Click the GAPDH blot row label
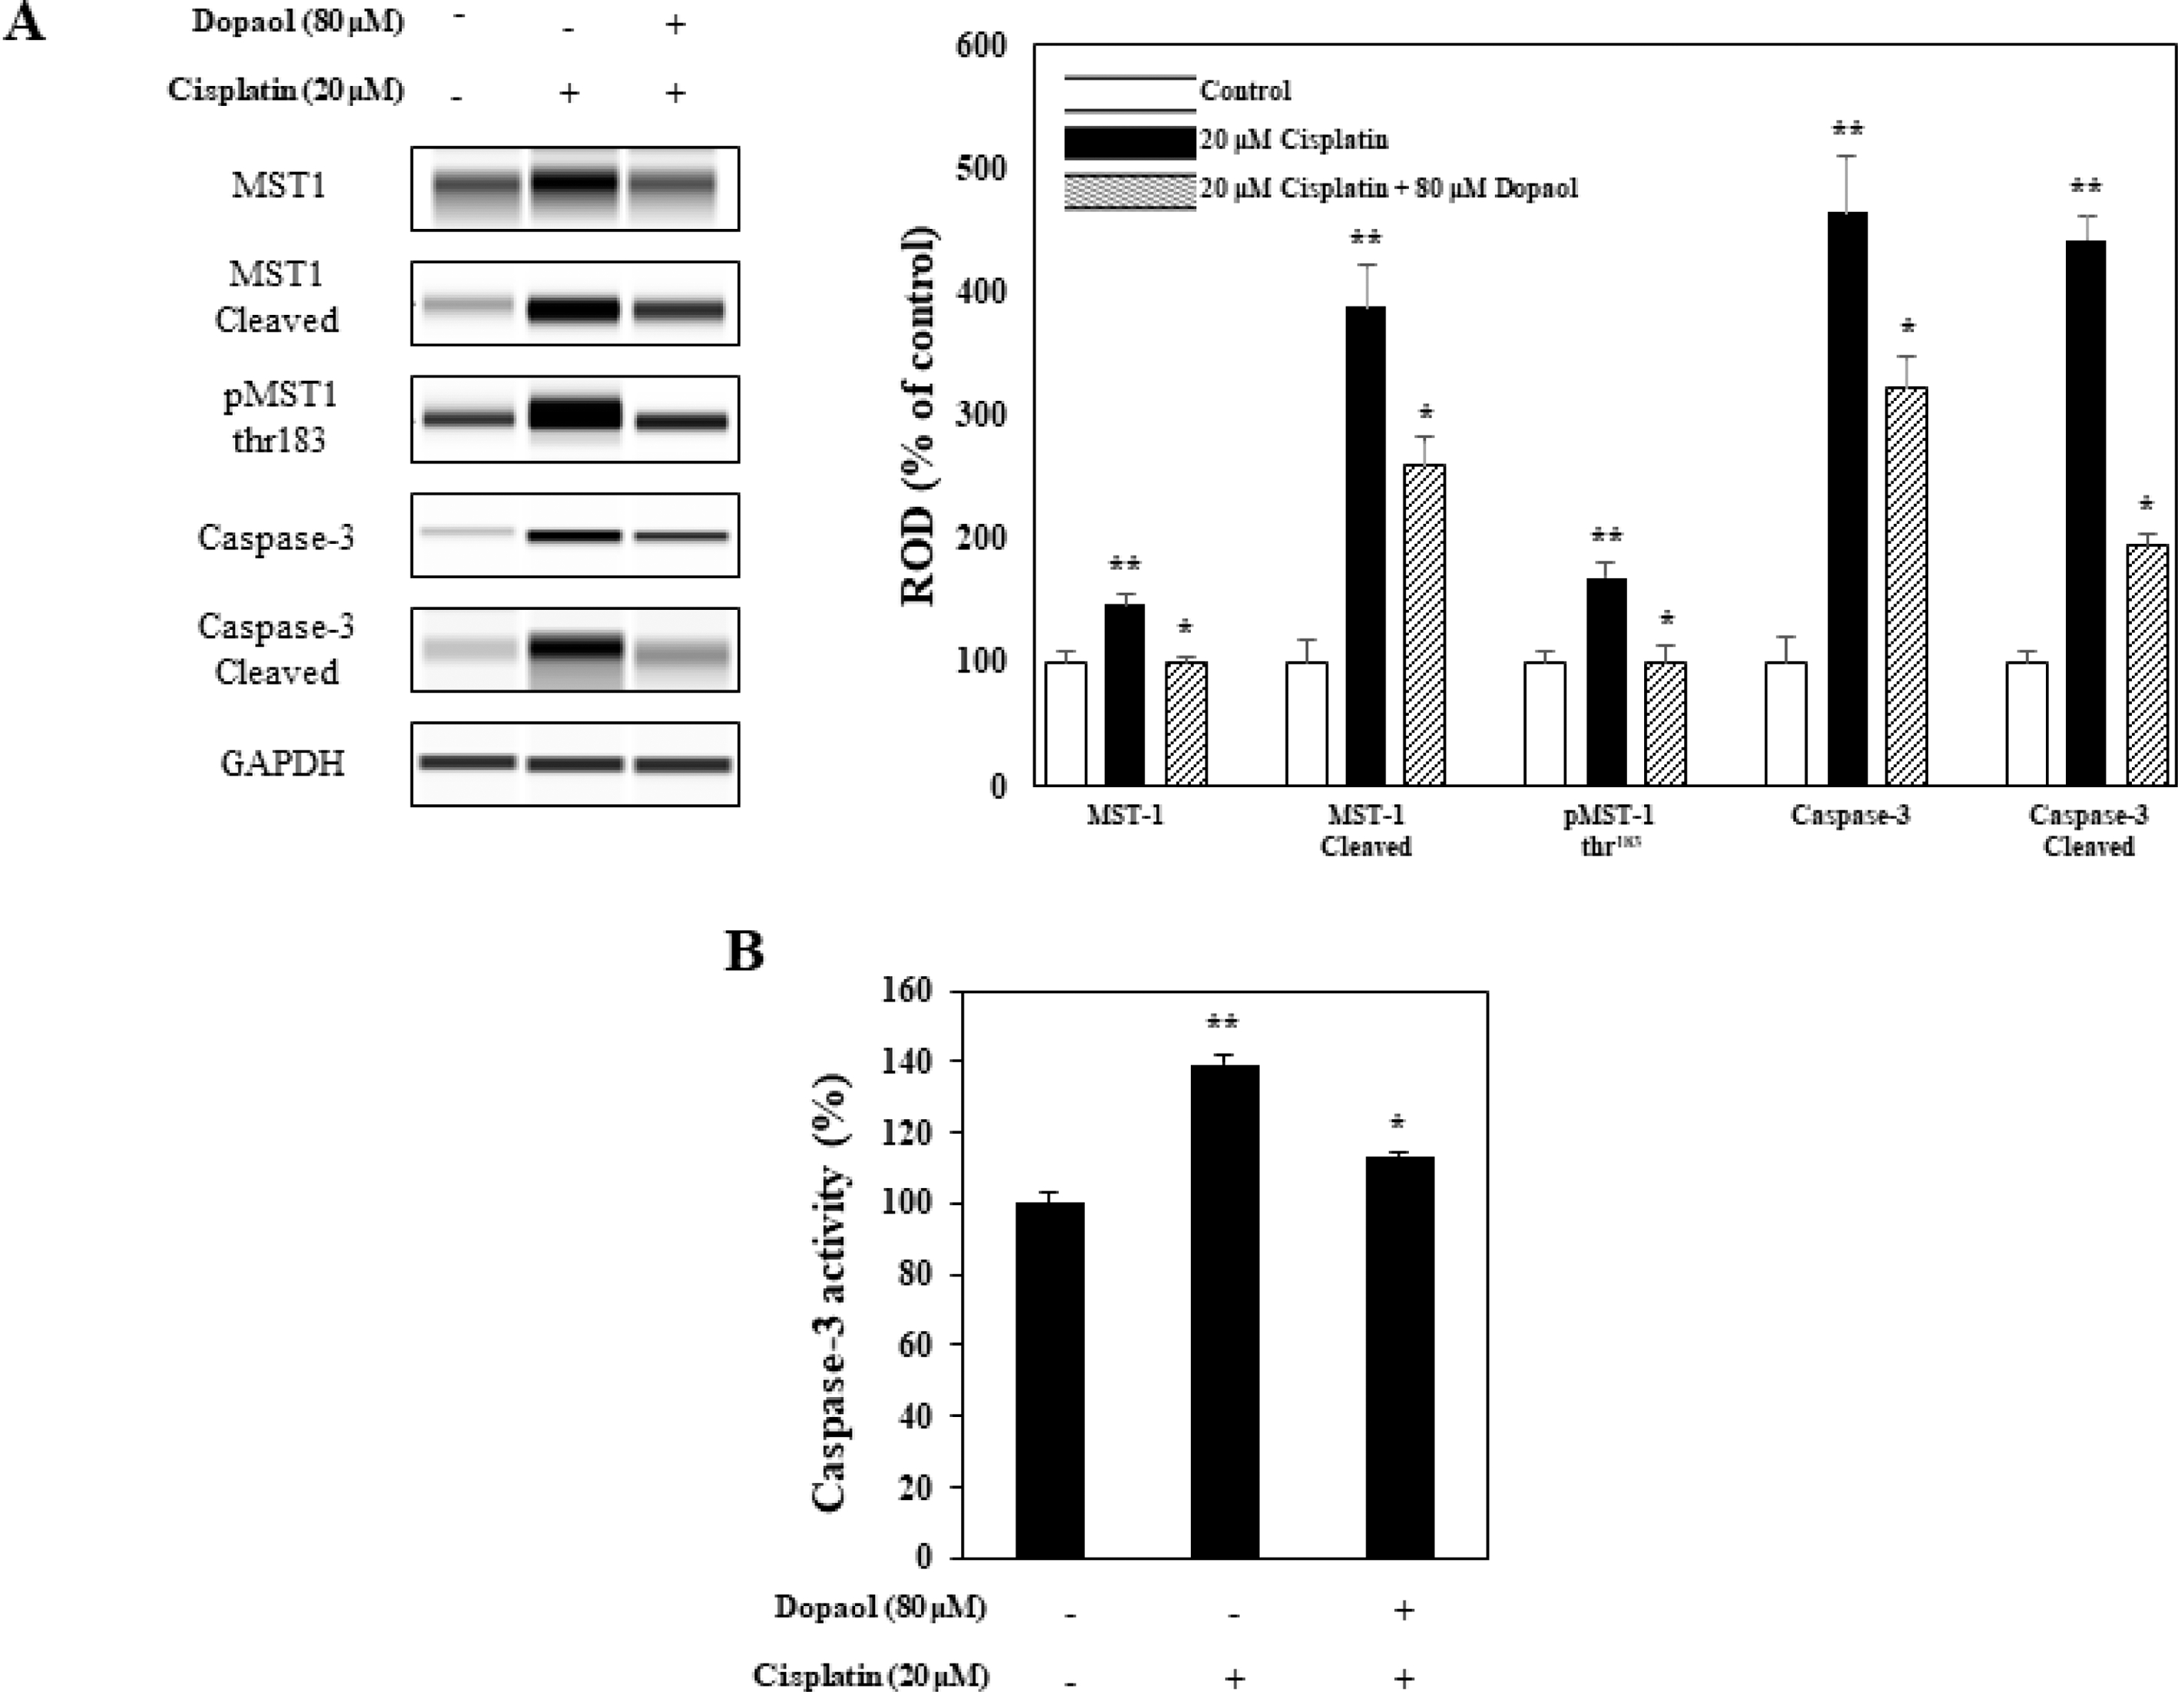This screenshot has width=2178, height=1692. pyautogui.click(x=282, y=763)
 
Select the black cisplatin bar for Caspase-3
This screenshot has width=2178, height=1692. pyautogui.click(x=1847, y=498)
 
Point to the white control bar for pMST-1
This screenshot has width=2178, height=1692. pyautogui.click(x=1545, y=723)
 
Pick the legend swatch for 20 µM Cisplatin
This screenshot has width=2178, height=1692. pyautogui.click(x=1129, y=141)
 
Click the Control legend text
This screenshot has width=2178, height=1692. pyautogui.click(x=1245, y=91)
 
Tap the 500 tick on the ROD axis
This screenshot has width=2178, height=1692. pyautogui.click(x=980, y=168)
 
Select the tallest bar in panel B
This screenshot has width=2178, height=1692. pyautogui.click(x=1225, y=1311)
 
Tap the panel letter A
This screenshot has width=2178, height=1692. pyautogui.click(x=24, y=23)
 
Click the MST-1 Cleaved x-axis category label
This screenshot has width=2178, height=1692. pyautogui.click(x=1365, y=830)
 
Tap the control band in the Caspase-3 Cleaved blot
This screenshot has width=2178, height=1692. pyautogui.click(x=468, y=650)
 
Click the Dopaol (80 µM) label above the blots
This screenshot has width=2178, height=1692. pyautogui.click(x=298, y=23)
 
